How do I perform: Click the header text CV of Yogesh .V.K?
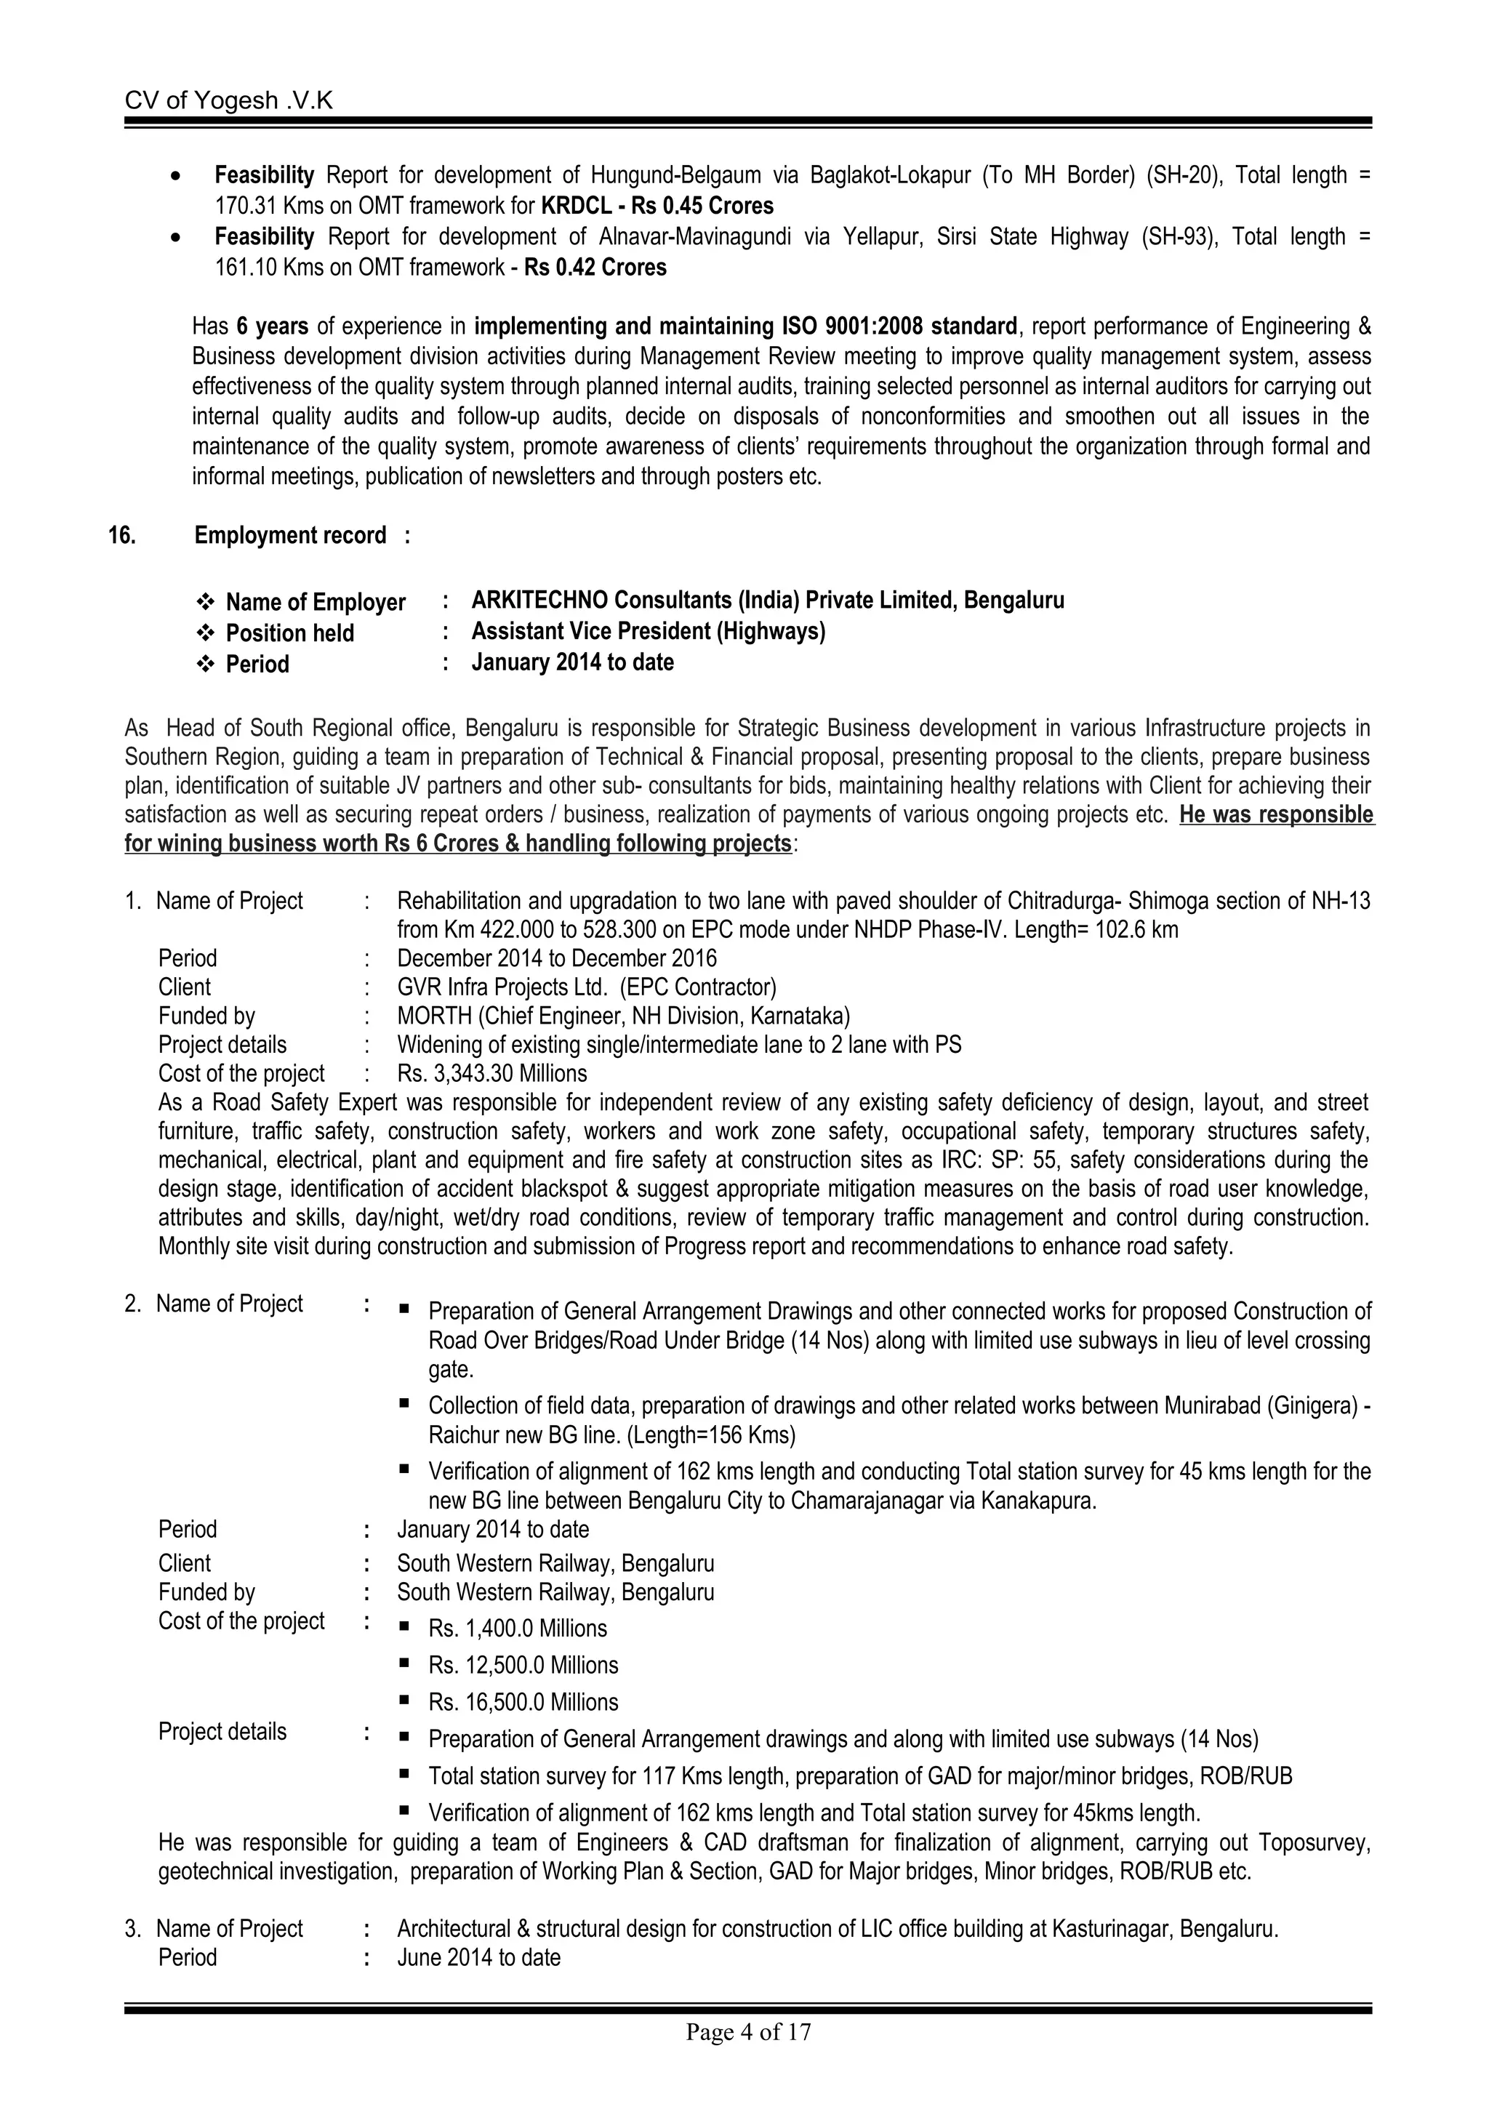pyautogui.click(x=228, y=100)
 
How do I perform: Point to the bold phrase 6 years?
pyautogui.click(x=272, y=326)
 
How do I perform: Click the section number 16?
pyautogui.click(x=122, y=535)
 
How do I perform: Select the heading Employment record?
pyautogui.click(x=290, y=535)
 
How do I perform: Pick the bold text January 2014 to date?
pyautogui.click(x=571, y=662)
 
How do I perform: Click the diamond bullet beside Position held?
pyautogui.click(x=206, y=633)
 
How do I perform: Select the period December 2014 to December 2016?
pyautogui.click(x=556, y=959)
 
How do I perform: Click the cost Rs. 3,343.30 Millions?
pyautogui.click(x=491, y=1074)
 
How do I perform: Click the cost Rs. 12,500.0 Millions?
pyautogui.click(x=523, y=1665)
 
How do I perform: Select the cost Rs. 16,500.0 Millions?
pyautogui.click(x=523, y=1702)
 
